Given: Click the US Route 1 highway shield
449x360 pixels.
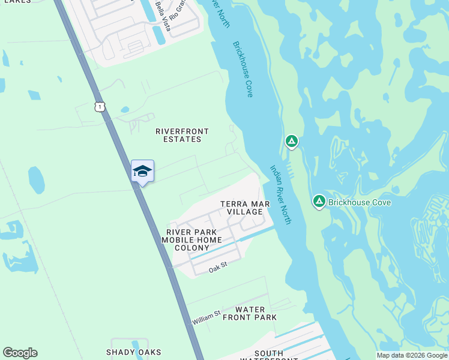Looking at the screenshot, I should click(x=100, y=107).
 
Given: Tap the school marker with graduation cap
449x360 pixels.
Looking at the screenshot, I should click(x=142, y=172).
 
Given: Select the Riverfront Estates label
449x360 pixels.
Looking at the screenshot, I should click(x=178, y=135).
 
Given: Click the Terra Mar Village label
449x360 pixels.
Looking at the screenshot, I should click(x=245, y=208).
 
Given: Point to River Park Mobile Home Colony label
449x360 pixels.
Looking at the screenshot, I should click(x=191, y=240).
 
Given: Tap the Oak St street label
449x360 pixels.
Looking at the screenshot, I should click(x=217, y=269).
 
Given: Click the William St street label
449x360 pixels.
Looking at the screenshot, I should click(x=206, y=318).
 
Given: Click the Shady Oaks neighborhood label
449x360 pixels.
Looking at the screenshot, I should click(x=130, y=352).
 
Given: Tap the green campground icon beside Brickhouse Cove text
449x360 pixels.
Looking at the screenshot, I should click(x=319, y=202).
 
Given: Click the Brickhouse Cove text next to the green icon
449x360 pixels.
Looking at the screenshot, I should click(x=360, y=202).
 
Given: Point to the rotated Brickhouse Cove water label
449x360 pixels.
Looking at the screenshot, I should click(x=243, y=69).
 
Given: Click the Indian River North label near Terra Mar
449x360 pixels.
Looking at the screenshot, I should click(x=280, y=194).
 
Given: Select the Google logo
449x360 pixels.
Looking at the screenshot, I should click(x=20, y=353).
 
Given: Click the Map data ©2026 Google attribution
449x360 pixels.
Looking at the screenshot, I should click(x=412, y=355).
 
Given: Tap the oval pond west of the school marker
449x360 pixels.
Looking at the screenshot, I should click(x=36, y=180).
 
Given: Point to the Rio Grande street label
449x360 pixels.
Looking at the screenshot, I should click(x=178, y=11).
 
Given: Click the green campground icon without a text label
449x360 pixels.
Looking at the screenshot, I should click(x=291, y=142).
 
